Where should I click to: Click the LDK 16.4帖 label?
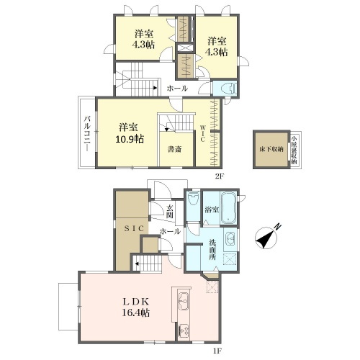(136, 307)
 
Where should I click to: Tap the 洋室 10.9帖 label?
(130, 133)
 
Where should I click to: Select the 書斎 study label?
(174, 149)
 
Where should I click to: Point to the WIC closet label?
(202, 133)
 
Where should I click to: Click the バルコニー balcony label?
(87, 134)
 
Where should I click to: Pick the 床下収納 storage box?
(271, 149)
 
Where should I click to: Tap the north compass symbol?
(267, 237)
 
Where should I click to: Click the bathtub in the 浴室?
(228, 207)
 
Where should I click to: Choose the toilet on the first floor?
(193, 199)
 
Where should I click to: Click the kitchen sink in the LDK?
(184, 301)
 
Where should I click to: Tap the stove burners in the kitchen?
(184, 331)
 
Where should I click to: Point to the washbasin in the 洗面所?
(230, 239)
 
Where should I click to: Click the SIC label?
(134, 228)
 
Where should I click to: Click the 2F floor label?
(220, 176)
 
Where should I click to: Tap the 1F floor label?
(217, 351)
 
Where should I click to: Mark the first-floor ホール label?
(170, 232)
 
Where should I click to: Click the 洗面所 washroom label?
(212, 250)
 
